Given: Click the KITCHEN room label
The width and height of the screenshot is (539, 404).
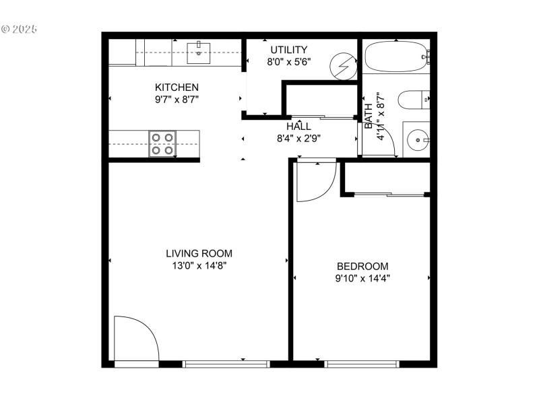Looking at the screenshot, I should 177,87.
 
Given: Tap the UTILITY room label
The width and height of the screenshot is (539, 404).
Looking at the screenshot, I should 288,50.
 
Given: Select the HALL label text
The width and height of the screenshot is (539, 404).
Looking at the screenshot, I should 298,126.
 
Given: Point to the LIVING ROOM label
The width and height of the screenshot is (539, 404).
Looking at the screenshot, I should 199,253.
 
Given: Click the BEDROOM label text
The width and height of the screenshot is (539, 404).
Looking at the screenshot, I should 362,265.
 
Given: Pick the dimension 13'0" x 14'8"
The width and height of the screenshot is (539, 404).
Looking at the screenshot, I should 199,265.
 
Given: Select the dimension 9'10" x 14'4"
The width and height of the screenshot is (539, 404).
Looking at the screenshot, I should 362,277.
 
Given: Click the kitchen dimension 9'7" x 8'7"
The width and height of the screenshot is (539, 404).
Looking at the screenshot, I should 177,99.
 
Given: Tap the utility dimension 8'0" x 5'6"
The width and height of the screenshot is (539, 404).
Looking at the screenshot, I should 288,61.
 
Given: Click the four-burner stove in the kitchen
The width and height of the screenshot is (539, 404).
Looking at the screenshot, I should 162,143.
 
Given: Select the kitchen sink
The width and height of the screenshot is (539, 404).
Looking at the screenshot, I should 199,50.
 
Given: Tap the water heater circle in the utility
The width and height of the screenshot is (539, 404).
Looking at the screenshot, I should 344,67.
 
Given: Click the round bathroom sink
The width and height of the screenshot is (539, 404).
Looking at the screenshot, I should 418,141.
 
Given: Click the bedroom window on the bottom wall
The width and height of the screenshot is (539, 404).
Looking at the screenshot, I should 362,364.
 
